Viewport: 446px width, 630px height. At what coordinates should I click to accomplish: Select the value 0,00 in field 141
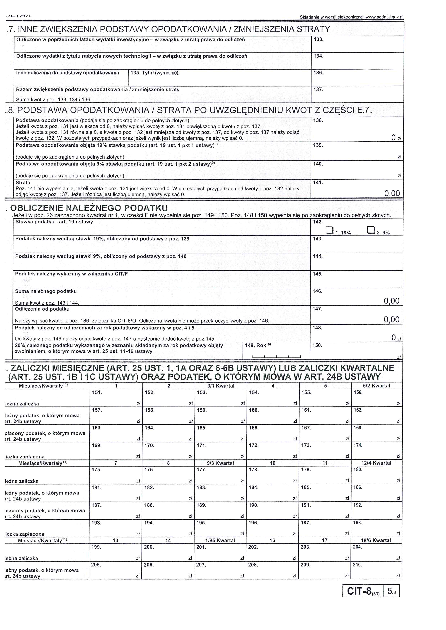pos(392,193)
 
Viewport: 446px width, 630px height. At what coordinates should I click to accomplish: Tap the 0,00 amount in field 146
pos(391,301)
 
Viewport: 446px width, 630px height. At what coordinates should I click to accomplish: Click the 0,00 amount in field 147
pos(391,319)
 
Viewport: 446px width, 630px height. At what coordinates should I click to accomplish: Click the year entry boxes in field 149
pos(276,356)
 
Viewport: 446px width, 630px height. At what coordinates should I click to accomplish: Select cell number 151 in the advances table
pos(116,398)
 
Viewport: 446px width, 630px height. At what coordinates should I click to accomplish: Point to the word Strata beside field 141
pos(23,183)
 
